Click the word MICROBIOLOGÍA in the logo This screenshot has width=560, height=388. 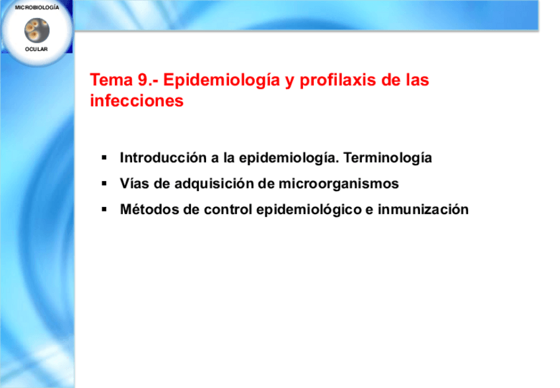tap(37, 7)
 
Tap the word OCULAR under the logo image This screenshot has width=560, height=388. tap(36, 49)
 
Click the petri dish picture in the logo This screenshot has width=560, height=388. tap(37, 30)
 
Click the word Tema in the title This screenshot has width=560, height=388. tap(111, 80)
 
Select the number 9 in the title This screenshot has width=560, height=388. tap(143, 80)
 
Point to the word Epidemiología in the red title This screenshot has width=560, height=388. tap(221, 81)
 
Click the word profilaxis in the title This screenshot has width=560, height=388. tap(338, 81)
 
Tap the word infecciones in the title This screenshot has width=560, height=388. tap(137, 101)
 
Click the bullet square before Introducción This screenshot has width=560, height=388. tap(104, 157)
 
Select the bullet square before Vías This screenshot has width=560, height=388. tap(104, 184)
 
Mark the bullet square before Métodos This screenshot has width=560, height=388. tap(104, 209)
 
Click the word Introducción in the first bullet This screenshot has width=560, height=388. tap(163, 158)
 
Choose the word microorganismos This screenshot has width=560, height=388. tap(339, 184)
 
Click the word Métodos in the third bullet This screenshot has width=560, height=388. tap(149, 210)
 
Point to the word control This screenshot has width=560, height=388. tap(228, 210)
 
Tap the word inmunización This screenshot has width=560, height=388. tap(423, 210)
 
